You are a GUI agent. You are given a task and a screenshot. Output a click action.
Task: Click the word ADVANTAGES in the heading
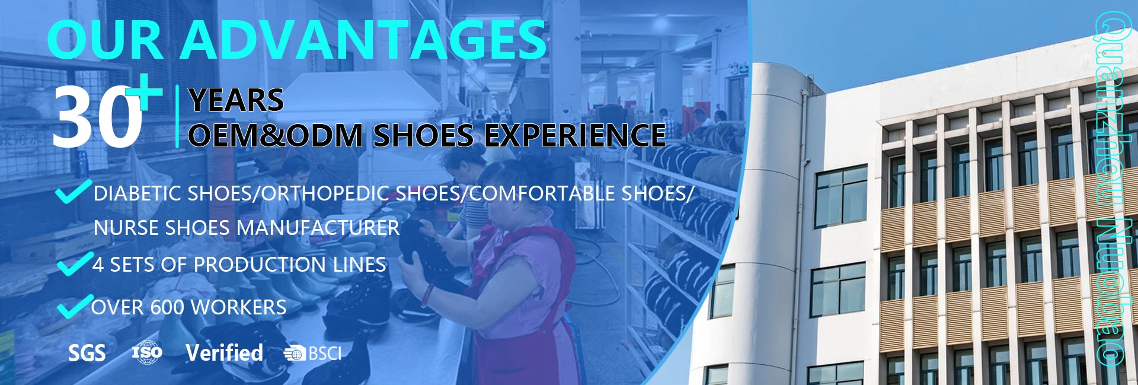pos(363,39)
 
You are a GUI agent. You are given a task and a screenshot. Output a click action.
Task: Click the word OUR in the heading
pos(106,39)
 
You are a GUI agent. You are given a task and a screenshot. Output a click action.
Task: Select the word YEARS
pos(236,100)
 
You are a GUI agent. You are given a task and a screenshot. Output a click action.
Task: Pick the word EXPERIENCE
pos(576,135)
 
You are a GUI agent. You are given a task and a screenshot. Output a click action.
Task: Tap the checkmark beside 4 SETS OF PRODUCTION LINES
pos(74,264)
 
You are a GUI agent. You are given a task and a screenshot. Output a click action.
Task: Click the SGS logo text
pos(87,354)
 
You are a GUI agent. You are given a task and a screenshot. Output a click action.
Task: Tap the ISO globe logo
pos(146,352)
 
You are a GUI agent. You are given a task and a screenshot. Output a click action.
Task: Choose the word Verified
pos(224,353)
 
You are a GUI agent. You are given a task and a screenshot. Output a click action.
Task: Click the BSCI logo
pos(312,354)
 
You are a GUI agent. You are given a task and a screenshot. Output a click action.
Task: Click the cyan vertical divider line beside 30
pos(177,116)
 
